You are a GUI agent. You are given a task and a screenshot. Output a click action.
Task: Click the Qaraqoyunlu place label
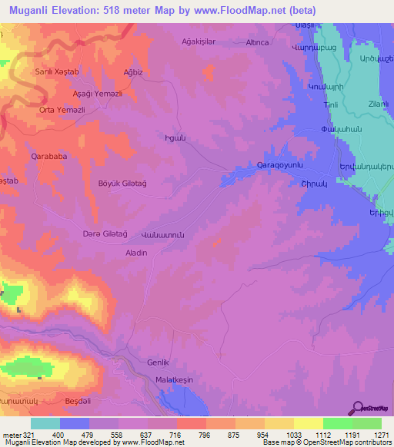[x=279, y=166]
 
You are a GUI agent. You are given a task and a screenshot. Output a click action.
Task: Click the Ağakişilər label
[x=202, y=42]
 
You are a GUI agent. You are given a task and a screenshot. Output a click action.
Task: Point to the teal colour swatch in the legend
[x=45, y=423]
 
